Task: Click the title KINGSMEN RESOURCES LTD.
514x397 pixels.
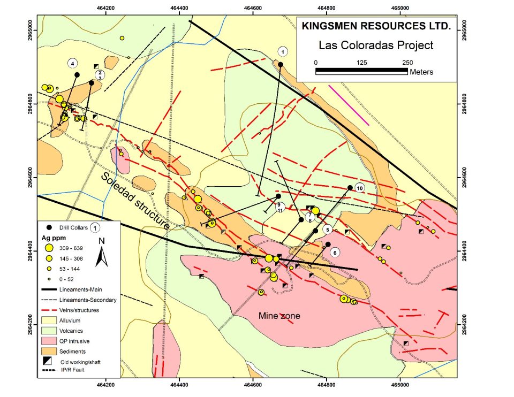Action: tap(376, 26)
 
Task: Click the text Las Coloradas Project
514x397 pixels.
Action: tap(375, 45)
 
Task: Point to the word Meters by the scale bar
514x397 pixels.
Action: tap(421, 72)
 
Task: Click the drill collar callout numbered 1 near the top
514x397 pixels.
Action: tap(283, 51)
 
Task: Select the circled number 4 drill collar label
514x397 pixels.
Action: tap(72, 63)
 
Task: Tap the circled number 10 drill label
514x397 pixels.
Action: tap(359, 188)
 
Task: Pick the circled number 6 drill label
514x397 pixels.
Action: tap(335, 253)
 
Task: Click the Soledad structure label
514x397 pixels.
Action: tap(134, 201)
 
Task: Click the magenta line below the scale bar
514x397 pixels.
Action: tap(349, 104)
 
